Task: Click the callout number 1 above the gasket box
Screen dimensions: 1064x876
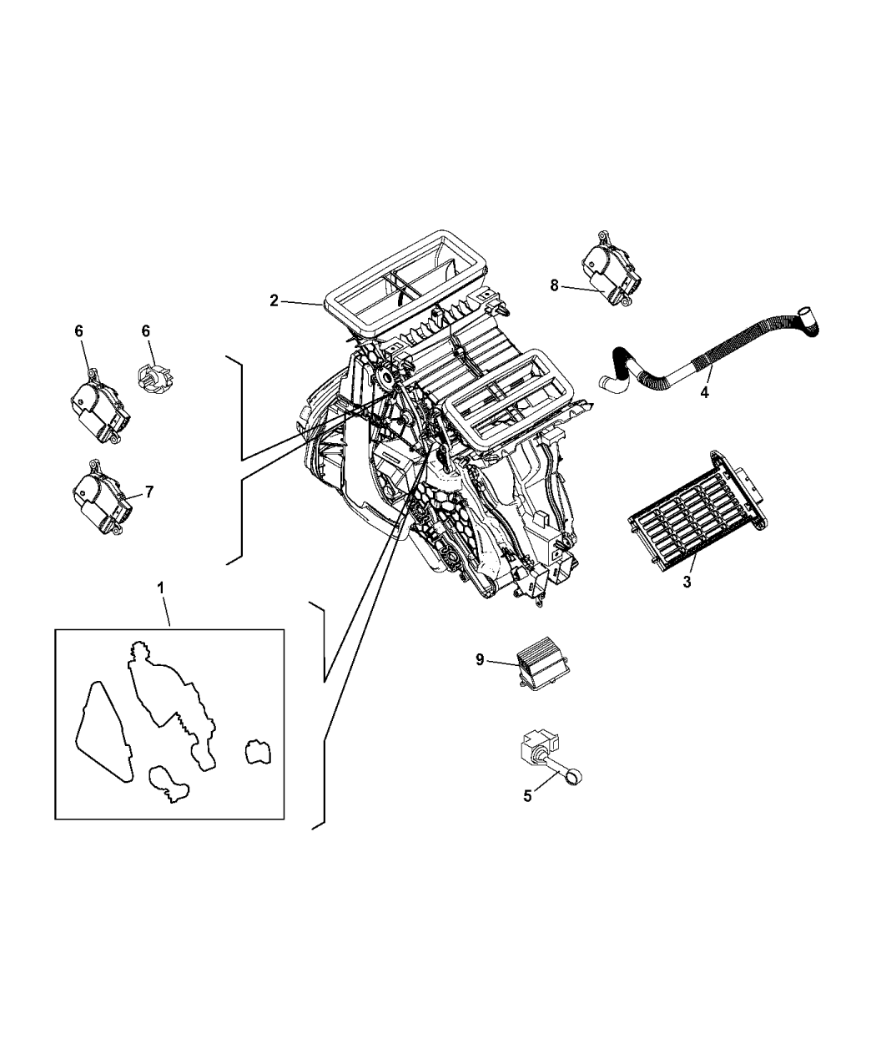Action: pos(161,588)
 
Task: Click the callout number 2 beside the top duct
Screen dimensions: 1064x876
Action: pos(274,301)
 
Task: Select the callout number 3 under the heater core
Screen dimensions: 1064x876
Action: pos(687,582)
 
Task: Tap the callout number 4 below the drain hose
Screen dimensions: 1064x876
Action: pos(704,391)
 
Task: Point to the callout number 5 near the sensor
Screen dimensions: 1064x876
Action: pos(527,796)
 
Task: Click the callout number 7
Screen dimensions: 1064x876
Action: pos(149,492)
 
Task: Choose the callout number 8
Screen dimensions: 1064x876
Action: pos(554,285)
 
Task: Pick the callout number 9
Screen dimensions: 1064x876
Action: pos(480,659)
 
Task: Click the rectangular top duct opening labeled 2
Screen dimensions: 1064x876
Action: pos(405,283)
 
